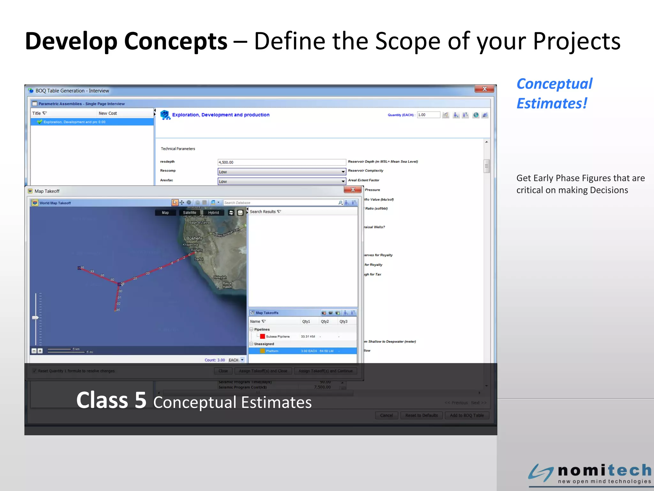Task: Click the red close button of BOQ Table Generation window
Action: (484, 89)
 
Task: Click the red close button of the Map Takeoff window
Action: (353, 190)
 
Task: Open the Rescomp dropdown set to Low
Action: (281, 172)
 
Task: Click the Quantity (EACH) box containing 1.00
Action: (428, 115)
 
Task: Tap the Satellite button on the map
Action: (189, 213)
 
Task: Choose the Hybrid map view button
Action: (213, 213)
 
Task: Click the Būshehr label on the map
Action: (194, 238)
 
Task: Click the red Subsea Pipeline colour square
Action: (262, 336)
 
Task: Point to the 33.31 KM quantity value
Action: (308, 337)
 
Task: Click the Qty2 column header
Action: (325, 322)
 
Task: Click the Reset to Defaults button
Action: (421, 415)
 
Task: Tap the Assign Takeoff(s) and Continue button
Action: (325, 371)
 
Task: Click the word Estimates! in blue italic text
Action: (552, 104)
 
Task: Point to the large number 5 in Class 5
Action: (140, 400)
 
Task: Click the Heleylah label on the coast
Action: (220, 277)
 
